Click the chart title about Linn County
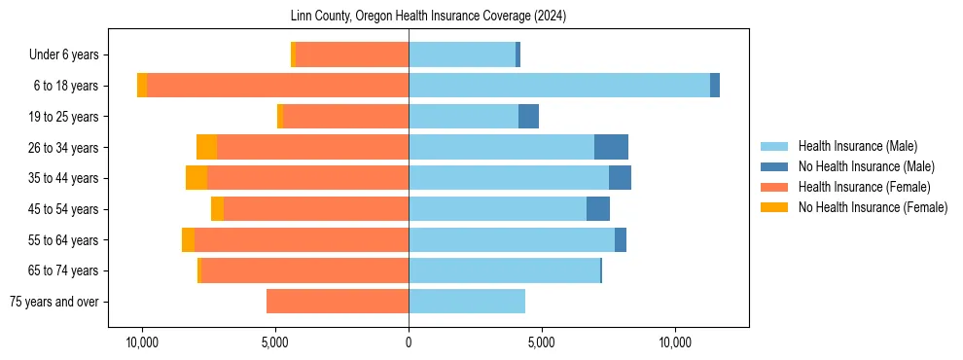(428, 17)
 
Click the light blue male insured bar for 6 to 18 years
(559, 86)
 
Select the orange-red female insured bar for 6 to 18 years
(277, 86)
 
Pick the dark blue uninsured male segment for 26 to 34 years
(611, 147)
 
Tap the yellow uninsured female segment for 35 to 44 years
(196, 178)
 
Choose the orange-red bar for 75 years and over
(338, 302)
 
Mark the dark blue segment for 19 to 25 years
(528, 117)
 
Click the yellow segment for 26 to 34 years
(206, 147)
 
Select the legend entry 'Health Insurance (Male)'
(857, 146)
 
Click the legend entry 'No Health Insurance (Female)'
(873, 207)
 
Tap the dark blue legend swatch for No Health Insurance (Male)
(774, 166)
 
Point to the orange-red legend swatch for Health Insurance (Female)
(774, 187)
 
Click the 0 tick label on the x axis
(409, 343)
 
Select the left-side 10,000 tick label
(143, 343)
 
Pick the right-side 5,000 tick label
(541, 343)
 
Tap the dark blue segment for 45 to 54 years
(598, 209)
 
